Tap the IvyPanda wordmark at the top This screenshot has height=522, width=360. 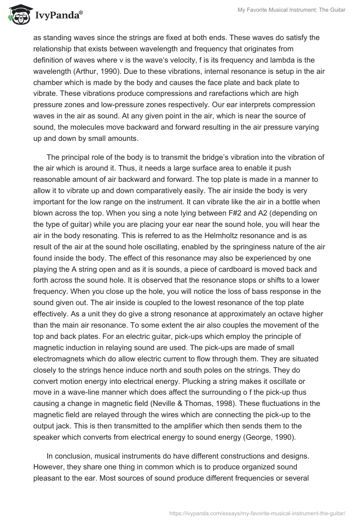point(58,15)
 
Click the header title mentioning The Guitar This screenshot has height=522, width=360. point(291,10)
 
